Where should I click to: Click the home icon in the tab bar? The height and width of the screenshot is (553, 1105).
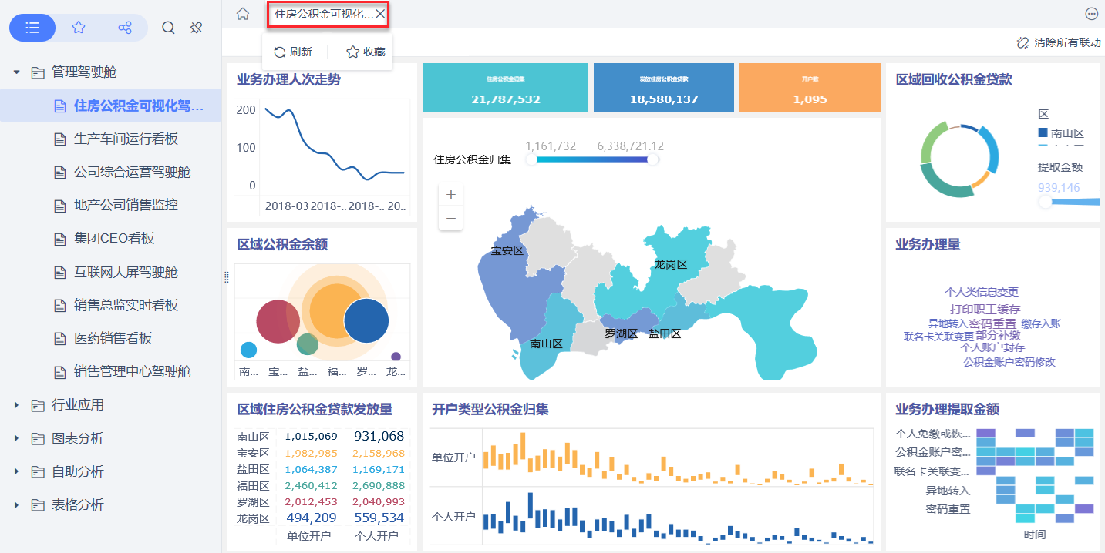tap(243, 14)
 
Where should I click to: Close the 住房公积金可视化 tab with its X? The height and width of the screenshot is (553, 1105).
tap(380, 14)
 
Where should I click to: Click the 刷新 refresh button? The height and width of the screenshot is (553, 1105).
tap(293, 52)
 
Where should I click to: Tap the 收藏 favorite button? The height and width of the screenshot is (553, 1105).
tap(366, 52)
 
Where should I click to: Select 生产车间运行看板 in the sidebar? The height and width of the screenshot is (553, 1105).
tap(126, 139)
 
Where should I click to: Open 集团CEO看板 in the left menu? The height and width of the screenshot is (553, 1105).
tap(114, 239)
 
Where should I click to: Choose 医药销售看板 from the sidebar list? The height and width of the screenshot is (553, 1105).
tap(113, 338)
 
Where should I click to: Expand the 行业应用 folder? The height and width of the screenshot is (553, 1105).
tap(77, 405)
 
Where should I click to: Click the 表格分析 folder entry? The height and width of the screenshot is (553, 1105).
tap(77, 505)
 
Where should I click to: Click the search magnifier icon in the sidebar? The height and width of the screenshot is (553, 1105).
tap(168, 28)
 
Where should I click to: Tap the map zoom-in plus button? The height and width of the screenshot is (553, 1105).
tap(451, 194)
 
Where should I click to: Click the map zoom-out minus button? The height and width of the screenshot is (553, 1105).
tap(451, 219)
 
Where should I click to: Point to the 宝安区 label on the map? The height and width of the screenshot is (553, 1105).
tap(507, 251)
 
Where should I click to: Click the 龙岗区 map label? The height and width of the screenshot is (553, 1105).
tap(670, 264)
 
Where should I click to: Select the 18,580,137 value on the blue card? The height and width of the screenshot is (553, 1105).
tap(664, 99)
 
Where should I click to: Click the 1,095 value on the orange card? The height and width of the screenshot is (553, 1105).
tap(810, 99)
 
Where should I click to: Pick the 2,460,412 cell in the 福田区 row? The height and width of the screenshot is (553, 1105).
tap(311, 485)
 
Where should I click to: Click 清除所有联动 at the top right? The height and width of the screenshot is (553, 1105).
tap(1067, 42)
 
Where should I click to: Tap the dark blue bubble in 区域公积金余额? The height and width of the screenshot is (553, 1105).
tap(366, 320)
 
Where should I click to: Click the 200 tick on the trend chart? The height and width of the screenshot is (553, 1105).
tap(247, 110)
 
